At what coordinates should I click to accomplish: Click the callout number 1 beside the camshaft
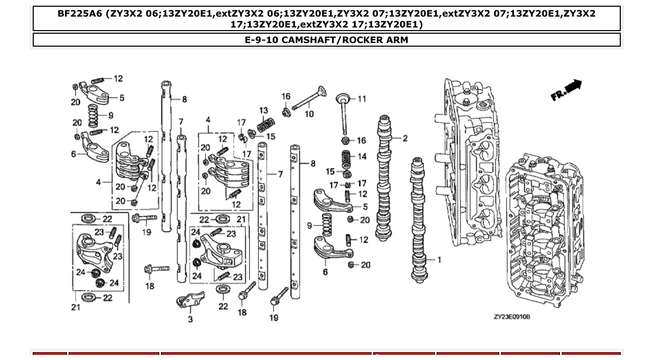pyautogui.click(x=439, y=259)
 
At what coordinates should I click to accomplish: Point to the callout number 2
pyautogui.click(x=405, y=139)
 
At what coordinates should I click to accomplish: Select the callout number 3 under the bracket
pyautogui.click(x=190, y=320)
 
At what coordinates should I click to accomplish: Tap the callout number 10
pyautogui.click(x=309, y=114)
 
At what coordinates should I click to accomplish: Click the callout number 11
pyautogui.click(x=362, y=99)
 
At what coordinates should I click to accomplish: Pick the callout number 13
pyautogui.click(x=264, y=110)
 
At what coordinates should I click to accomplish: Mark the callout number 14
pyautogui.click(x=362, y=156)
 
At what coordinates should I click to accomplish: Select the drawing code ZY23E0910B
pyautogui.click(x=511, y=316)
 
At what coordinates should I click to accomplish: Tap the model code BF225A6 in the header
pyautogui.click(x=80, y=14)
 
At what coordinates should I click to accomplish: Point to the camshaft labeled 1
pyautogui.click(x=418, y=218)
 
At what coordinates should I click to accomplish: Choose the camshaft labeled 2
pyautogui.click(x=385, y=176)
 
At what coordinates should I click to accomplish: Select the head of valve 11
pyautogui.click(x=343, y=98)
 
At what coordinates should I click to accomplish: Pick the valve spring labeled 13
pyautogui.click(x=266, y=124)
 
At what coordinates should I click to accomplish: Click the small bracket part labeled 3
pyautogui.click(x=190, y=300)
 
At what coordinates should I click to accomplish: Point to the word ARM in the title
pyautogui.click(x=397, y=40)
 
